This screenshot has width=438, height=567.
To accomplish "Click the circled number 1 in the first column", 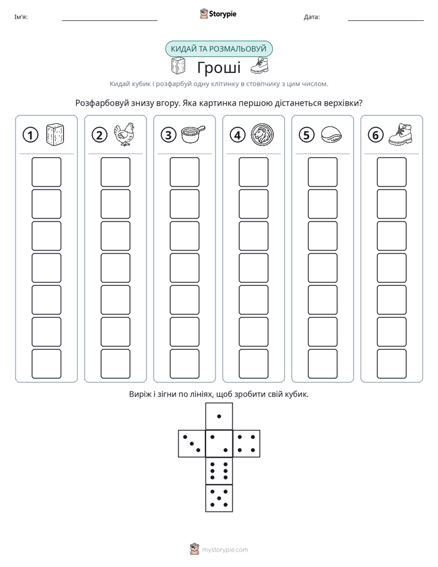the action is (x=30, y=135).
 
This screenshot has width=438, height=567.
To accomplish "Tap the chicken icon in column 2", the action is (x=124, y=134).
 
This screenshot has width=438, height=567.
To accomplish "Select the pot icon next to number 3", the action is (x=193, y=134).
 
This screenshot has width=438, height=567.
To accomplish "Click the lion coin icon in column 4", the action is (x=263, y=135).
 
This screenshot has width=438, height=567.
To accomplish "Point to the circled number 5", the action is (x=307, y=135).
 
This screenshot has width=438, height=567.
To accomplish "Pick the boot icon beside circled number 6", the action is (x=401, y=134).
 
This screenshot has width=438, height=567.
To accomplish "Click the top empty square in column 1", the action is (x=47, y=172).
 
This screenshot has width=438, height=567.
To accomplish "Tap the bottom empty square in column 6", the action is (x=392, y=364).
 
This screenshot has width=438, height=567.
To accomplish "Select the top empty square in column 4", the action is (x=254, y=172).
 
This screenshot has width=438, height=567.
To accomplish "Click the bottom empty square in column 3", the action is (x=185, y=364).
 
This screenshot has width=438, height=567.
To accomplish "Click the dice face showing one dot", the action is (x=219, y=416).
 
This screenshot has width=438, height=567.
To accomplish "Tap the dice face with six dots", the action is (x=219, y=471).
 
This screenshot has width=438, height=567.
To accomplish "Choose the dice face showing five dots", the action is (x=219, y=498).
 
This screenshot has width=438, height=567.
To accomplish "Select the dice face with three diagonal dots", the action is (x=192, y=443).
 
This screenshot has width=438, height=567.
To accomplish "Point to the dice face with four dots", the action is (x=247, y=443).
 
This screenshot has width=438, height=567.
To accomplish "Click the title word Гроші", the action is (x=219, y=67).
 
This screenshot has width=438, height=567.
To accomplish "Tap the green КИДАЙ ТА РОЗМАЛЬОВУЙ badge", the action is (x=218, y=49).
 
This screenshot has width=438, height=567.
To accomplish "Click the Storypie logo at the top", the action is (x=218, y=13).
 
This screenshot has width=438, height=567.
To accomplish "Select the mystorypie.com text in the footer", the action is (x=225, y=550).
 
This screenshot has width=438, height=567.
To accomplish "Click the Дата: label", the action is (x=312, y=17).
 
